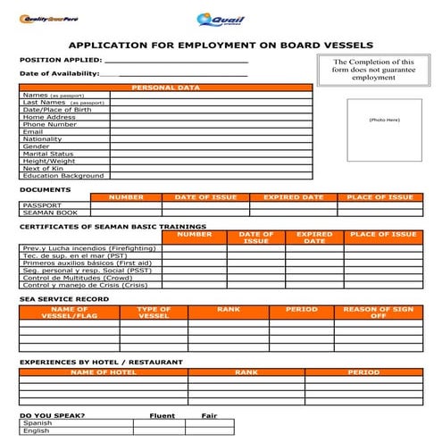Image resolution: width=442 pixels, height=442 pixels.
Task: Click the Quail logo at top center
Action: tap(221, 20)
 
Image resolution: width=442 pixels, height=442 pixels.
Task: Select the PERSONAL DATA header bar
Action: tap(165, 88)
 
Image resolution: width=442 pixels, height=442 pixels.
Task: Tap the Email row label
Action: tap(32, 131)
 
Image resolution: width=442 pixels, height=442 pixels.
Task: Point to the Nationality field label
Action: tap(42, 138)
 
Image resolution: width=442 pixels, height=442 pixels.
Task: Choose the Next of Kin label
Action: tap(41, 168)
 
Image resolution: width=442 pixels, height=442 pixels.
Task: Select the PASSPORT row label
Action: tap(41, 204)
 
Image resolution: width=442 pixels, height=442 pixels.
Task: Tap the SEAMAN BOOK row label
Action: tap(48, 213)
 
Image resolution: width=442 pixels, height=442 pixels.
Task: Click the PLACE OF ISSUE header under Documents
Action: tap(379, 197)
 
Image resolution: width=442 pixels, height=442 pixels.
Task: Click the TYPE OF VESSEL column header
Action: tap(154, 313)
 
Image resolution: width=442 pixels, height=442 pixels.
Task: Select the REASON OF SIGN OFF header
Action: tap(379, 313)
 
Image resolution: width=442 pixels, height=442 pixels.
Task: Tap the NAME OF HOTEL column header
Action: tap(103, 372)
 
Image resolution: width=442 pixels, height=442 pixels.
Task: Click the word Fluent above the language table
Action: tap(162, 415)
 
